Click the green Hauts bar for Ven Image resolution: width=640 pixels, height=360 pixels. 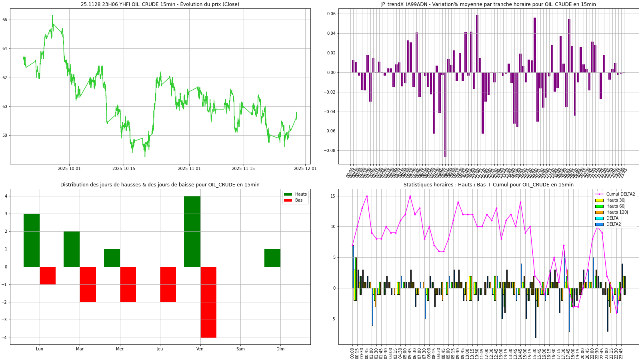coord(192,231)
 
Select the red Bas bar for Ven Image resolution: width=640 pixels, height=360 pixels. coord(208,302)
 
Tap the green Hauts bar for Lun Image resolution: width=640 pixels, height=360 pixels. coord(32,240)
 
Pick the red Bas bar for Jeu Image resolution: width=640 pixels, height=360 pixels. coord(168,284)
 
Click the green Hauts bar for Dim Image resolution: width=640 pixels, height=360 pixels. coord(272,258)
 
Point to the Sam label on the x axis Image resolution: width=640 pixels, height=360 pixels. coord(240,349)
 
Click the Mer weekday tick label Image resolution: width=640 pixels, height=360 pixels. coord(120,349)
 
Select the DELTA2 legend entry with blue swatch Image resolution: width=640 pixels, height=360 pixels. coord(614,224)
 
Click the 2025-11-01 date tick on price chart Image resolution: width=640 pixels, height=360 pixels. coord(189,168)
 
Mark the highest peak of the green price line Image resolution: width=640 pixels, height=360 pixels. coord(52,16)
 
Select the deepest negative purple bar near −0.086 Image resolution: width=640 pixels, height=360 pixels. coord(445,114)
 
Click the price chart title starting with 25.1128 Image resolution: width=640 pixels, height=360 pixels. coord(160,4)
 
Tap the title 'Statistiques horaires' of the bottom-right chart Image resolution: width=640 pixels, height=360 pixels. coord(488,185)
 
